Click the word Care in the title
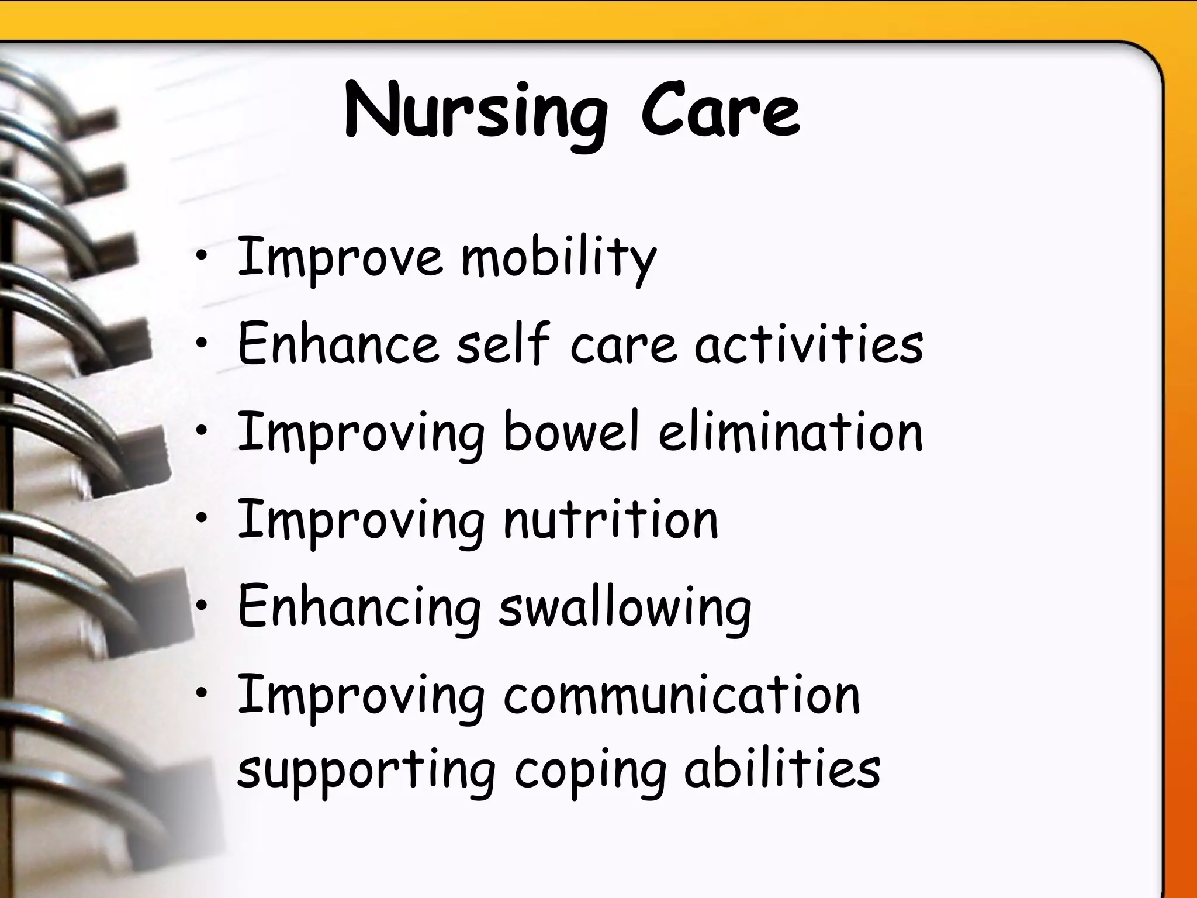coord(720,111)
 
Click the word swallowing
coord(625,608)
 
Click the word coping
coord(590,770)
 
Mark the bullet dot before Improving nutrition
coord(202,517)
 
